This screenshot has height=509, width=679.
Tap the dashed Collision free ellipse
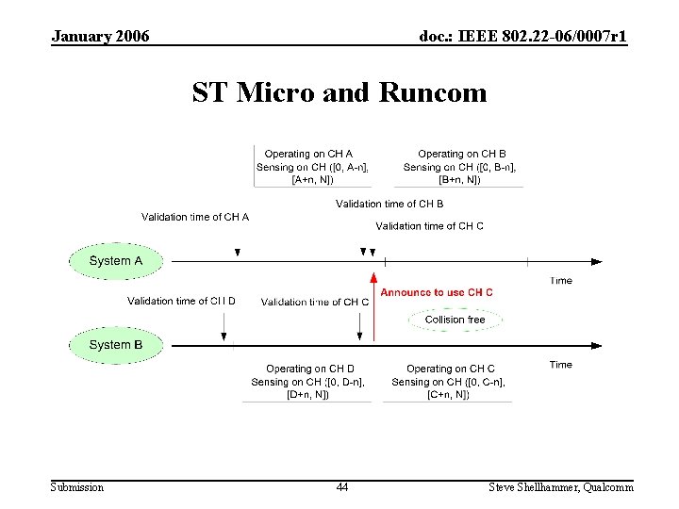click(x=455, y=320)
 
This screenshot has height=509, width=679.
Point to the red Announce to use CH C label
click(x=437, y=293)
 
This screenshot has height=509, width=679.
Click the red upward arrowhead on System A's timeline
click(x=373, y=278)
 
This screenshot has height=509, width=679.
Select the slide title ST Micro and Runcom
click(x=339, y=93)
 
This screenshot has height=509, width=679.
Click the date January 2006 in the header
click(x=100, y=37)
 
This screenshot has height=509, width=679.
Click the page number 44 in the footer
click(x=341, y=487)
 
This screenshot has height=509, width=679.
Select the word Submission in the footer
click(x=77, y=487)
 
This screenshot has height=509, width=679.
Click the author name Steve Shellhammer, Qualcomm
click(x=561, y=487)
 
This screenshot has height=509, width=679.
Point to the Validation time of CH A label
click(x=195, y=217)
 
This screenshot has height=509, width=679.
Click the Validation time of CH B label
click(x=389, y=204)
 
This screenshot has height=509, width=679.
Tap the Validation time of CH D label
click(x=182, y=302)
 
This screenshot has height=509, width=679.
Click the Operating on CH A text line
click(x=308, y=154)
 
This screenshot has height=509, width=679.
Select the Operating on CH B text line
click(x=462, y=154)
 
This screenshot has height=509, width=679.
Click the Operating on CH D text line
click(x=310, y=369)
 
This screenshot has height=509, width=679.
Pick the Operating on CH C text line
click(x=451, y=369)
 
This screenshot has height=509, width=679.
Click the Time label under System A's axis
click(x=561, y=281)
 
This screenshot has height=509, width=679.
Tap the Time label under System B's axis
click(x=561, y=365)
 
